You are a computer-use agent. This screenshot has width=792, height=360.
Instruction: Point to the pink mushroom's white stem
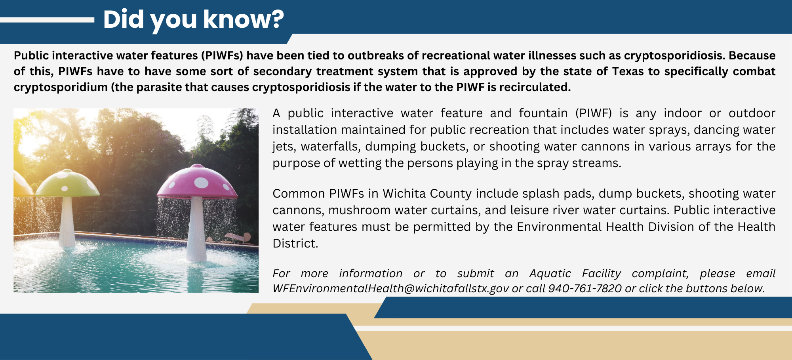tap(196, 230)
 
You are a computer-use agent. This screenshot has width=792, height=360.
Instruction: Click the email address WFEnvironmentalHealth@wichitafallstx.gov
tap(390, 288)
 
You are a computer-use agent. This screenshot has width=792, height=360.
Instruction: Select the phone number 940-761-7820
tap(585, 288)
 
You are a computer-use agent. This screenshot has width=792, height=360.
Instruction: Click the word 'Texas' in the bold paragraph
tap(628, 71)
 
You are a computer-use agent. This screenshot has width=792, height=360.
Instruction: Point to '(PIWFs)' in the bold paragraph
tap(222, 55)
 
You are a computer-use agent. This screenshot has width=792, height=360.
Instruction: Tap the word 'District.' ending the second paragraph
tap(295, 243)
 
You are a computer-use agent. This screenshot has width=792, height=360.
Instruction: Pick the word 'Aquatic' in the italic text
tap(550, 273)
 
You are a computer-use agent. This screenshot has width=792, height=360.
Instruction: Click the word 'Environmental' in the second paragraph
tap(560, 227)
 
